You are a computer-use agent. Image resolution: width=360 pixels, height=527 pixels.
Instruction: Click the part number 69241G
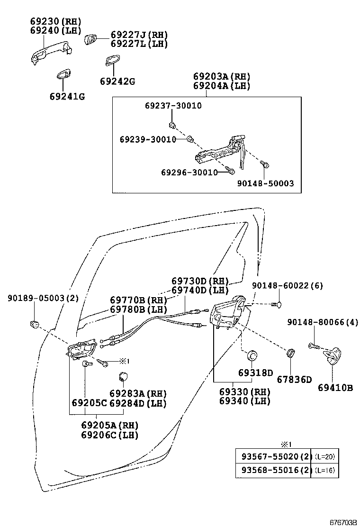pos(67,97)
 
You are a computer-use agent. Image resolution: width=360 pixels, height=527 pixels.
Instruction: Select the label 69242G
pos(117,82)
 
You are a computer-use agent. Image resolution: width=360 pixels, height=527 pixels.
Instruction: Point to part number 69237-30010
pos(173,106)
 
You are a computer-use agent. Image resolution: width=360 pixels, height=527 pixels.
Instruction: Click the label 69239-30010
pos(148,139)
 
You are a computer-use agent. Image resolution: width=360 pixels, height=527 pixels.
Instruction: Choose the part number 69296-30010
pos(189,172)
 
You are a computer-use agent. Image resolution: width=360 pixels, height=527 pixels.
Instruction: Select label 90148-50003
pos(265,183)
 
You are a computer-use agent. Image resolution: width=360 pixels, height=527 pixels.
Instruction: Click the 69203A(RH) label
pos(221,77)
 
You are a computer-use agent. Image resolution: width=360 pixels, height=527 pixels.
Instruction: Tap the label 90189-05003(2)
pos(43,298)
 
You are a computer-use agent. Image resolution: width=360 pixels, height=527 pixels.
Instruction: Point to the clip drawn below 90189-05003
pos(35,324)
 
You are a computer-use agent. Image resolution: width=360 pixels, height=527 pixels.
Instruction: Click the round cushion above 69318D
pos(253,355)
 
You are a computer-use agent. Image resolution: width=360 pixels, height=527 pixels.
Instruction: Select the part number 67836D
pos(295,379)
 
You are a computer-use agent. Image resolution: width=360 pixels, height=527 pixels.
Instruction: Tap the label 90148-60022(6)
pos(287,286)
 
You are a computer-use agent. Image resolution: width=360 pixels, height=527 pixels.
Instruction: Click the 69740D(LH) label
pos(200,290)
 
